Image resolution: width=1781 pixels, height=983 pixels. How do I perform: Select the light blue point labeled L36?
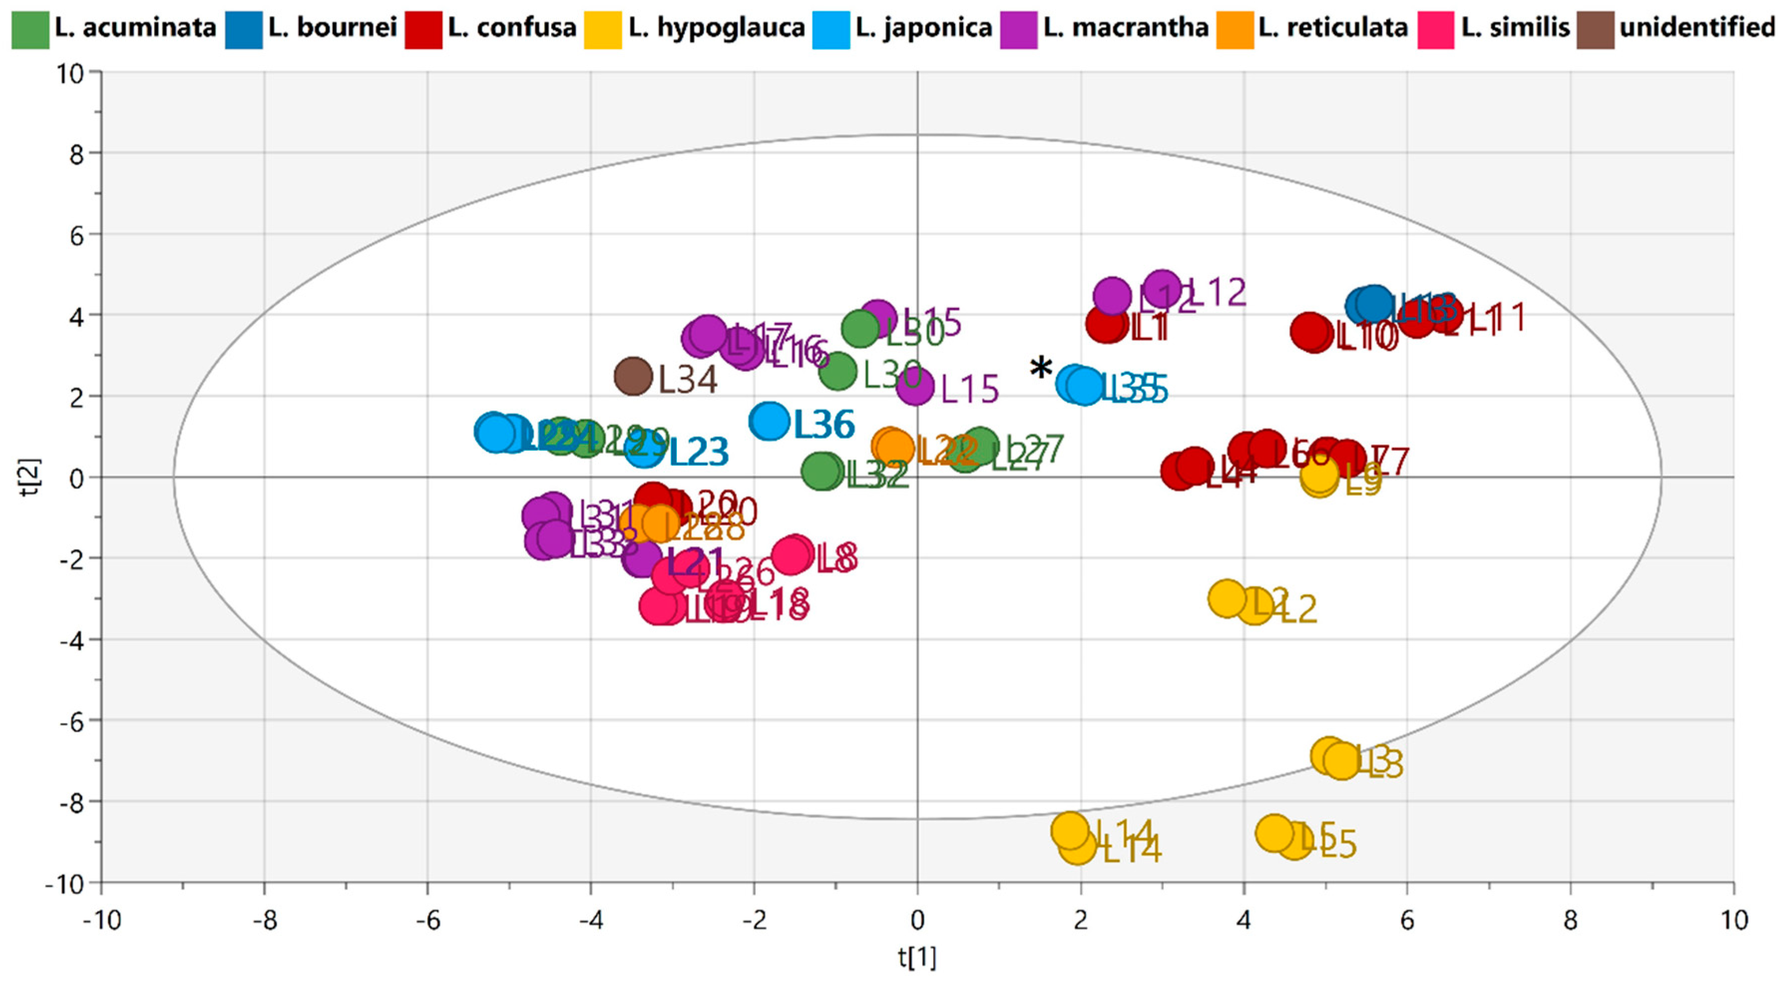pos(769,420)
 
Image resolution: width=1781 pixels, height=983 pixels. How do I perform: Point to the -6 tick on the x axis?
pos(427,920)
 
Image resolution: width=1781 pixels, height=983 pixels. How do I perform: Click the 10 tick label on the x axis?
pos(1733,920)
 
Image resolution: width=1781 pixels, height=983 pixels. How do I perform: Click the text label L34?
pos(687,380)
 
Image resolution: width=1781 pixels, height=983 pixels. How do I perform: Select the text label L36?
pos(824,424)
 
